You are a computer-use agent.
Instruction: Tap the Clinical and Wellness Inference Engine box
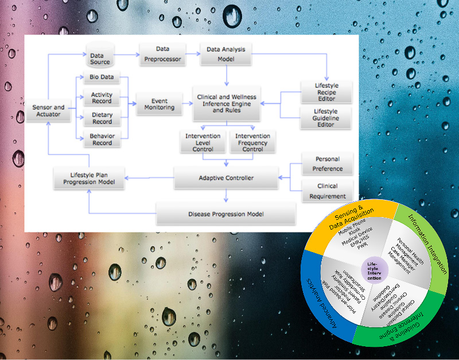[x=226, y=104]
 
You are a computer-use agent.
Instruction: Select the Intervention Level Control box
[x=199, y=142]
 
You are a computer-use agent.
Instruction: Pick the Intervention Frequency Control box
[x=252, y=142]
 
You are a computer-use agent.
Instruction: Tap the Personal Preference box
[x=327, y=164]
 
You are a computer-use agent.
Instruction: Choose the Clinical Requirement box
[x=327, y=191]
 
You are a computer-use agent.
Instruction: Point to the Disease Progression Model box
[x=225, y=214]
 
